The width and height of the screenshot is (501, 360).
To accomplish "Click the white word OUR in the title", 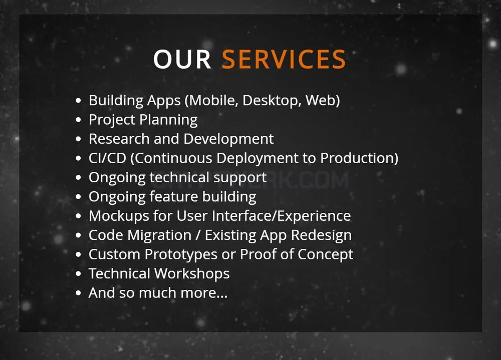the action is coord(182,59).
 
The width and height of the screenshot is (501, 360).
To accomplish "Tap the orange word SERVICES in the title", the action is coord(284,59).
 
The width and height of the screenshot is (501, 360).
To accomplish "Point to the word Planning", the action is coord(168,120).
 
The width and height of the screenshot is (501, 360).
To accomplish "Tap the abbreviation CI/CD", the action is coord(107,158).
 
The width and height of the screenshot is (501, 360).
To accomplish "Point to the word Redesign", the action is coord(322,236).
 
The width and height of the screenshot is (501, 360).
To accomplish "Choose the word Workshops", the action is coord(192,273).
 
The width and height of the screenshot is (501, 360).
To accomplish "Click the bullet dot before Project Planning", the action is coord(79,120).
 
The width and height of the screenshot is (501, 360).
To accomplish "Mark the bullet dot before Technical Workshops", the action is coord(79,274).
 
